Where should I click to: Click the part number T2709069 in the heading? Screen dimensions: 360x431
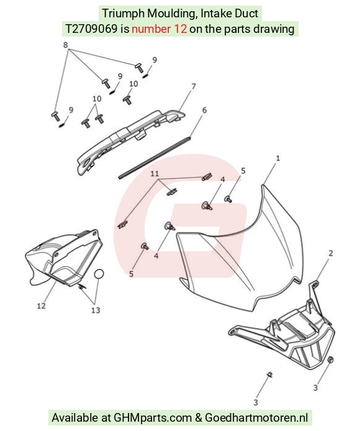click(x=91, y=29)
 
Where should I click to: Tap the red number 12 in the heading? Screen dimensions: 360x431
click(x=181, y=29)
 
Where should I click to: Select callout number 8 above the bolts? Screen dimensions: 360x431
click(x=65, y=45)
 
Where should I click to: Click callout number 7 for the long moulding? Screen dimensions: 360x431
click(x=194, y=86)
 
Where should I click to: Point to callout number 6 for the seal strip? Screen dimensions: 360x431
click(x=204, y=110)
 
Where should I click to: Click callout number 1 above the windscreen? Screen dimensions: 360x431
click(x=278, y=158)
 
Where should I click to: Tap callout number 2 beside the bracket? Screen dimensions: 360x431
click(x=331, y=253)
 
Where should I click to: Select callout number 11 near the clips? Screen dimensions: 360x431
click(x=155, y=174)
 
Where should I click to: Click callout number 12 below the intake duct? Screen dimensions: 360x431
click(x=41, y=306)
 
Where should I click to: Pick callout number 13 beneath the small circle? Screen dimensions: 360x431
click(x=96, y=310)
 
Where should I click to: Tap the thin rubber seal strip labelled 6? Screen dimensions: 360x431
click(x=155, y=158)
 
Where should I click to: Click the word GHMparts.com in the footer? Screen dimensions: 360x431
click(x=153, y=418)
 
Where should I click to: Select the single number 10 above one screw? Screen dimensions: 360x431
click(x=133, y=84)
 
